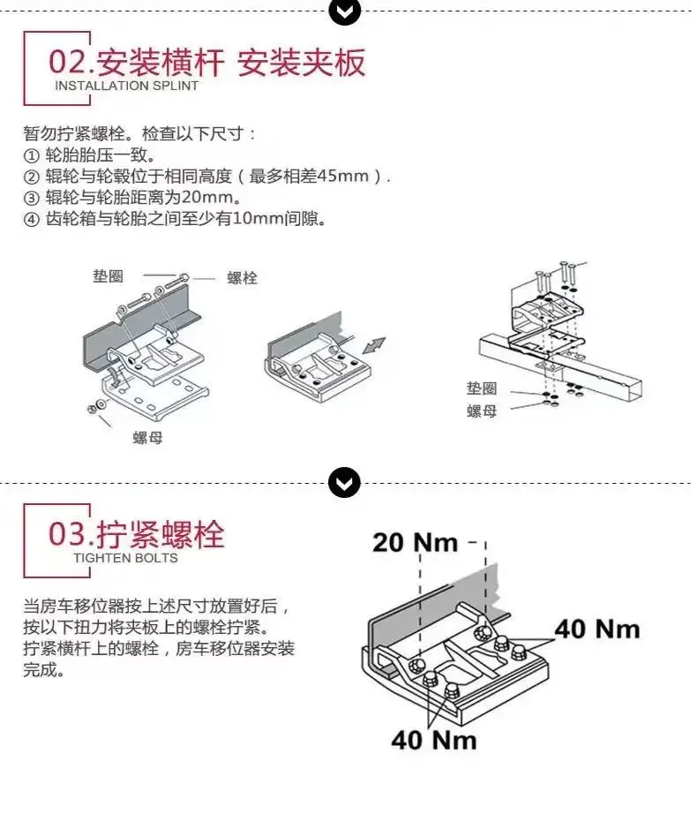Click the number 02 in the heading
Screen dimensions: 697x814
(x=67, y=62)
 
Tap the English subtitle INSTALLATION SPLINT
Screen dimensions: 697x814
(x=126, y=87)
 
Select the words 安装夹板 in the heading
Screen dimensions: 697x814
(x=302, y=63)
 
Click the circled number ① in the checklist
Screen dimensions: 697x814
(x=31, y=155)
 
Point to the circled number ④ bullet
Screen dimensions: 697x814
(x=31, y=219)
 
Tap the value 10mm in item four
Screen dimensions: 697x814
(x=258, y=219)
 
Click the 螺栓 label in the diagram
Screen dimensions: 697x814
(x=243, y=278)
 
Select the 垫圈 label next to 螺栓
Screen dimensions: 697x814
(x=109, y=275)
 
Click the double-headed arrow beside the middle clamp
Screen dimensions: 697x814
(x=374, y=345)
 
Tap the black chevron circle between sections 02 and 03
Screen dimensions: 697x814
(x=344, y=483)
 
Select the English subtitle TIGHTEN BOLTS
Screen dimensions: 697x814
(x=125, y=558)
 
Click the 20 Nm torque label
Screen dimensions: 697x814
(x=416, y=542)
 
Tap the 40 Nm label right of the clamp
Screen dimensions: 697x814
(x=597, y=629)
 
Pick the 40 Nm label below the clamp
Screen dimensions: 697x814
(x=434, y=740)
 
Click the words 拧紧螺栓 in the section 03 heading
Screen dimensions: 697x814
(x=161, y=534)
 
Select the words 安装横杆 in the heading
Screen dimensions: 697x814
(x=161, y=63)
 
